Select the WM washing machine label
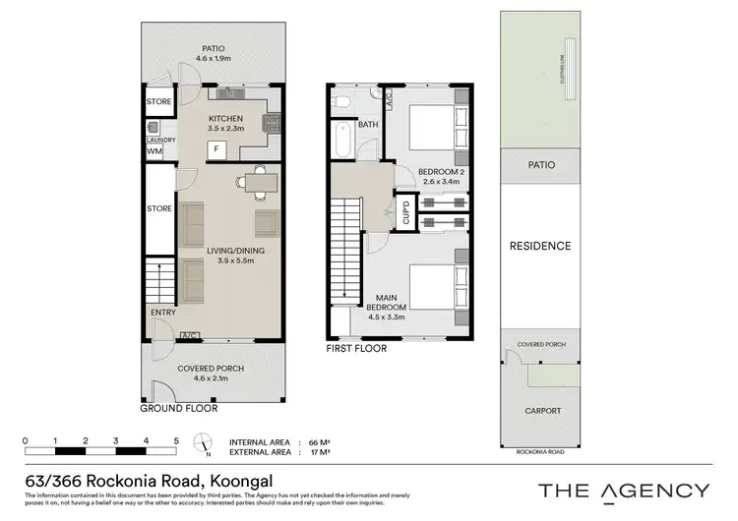[154, 151]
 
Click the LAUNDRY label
[159, 140]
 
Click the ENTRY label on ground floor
[163, 313]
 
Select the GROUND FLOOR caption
[178, 408]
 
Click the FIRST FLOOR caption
[356, 348]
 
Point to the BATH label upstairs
[368, 125]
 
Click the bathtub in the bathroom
[341, 141]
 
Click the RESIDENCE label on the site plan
[539, 246]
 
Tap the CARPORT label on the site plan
[543, 411]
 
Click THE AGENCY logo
[623, 490]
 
